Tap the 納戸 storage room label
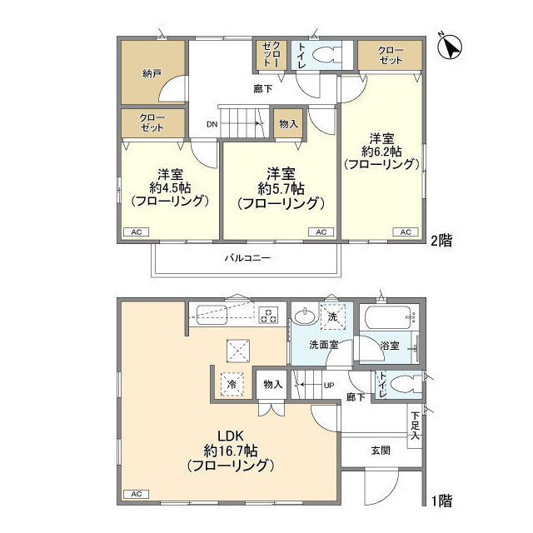[x=152, y=74]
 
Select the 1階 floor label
[x=441, y=501]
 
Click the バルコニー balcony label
[x=247, y=258]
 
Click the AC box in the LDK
[x=135, y=495]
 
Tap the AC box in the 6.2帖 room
[x=405, y=232]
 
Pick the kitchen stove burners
[x=269, y=315]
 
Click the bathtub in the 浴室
[x=387, y=318]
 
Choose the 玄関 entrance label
[x=381, y=451]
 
